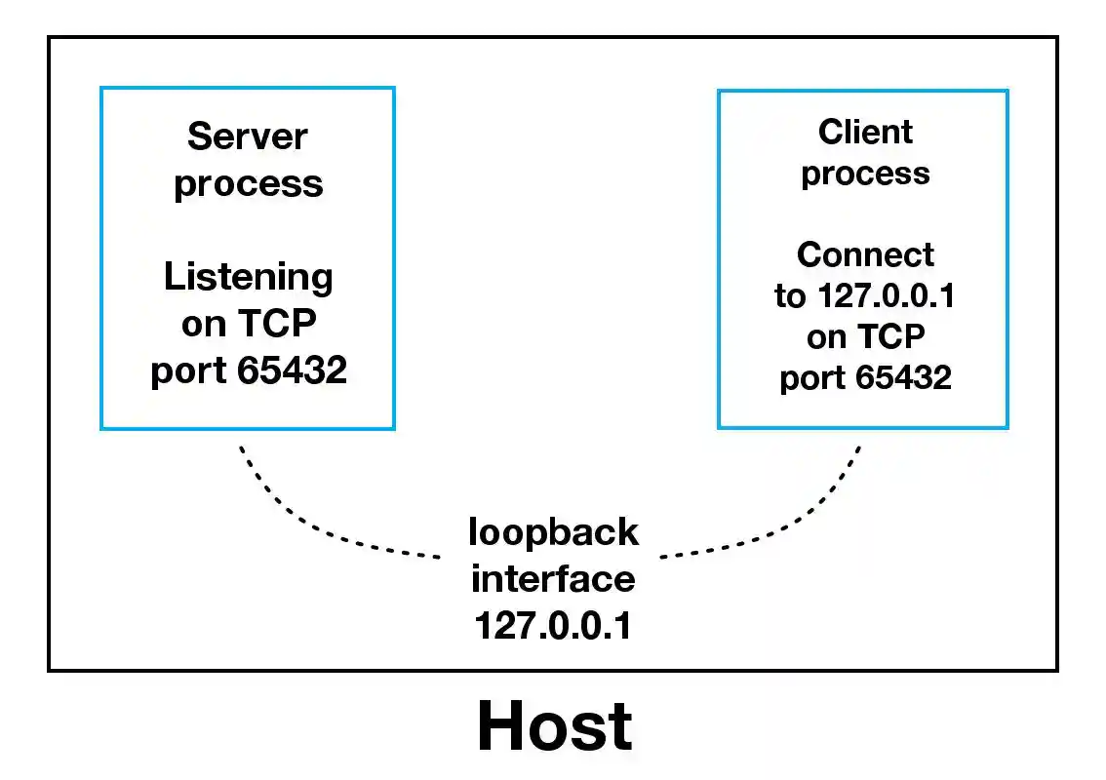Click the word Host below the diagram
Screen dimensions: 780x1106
[x=554, y=727]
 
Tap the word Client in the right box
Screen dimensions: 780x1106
[x=865, y=132]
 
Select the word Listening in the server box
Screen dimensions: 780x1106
[x=248, y=277]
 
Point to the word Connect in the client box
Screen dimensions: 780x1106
[x=865, y=254]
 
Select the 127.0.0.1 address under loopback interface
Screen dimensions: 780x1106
[x=553, y=625]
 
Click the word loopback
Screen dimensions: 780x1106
[x=553, y=532]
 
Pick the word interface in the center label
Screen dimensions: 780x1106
[x=553, y=579]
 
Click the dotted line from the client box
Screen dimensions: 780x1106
[x=790, y=526]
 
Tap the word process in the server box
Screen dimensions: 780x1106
[x=248, y=184]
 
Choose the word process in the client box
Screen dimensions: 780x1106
[x=865, y=175]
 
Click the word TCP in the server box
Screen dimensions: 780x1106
[x=276, y=325]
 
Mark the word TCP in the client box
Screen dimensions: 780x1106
[x=890, y=336]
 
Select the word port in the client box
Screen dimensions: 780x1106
[x=811, y=378]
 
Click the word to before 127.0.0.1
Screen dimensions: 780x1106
[x=789, y=296]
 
